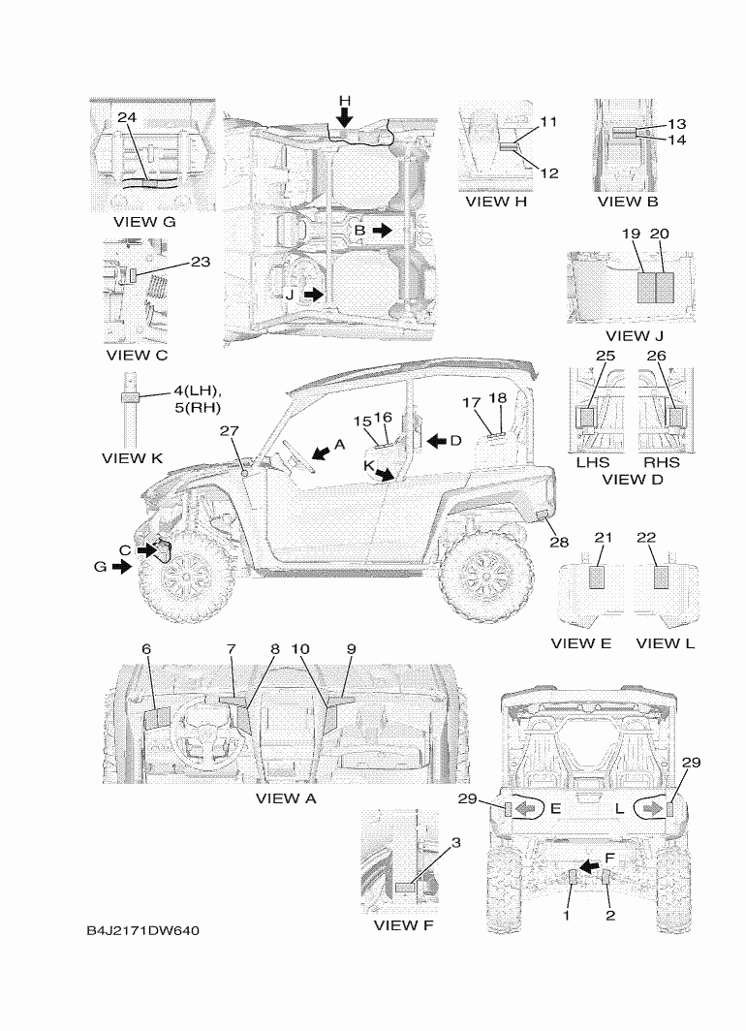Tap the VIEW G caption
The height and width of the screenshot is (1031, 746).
144,222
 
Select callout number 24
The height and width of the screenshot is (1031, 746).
127,117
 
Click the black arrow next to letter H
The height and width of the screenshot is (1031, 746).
345,117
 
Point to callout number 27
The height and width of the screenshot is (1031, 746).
230,431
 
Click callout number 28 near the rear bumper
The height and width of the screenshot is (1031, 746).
559,542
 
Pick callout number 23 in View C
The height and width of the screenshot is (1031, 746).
201,262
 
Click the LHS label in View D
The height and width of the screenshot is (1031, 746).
593,462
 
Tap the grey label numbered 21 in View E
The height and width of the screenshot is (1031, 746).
597,576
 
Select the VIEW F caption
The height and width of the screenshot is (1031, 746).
403,924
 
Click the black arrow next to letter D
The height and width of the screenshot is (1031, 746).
438,442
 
